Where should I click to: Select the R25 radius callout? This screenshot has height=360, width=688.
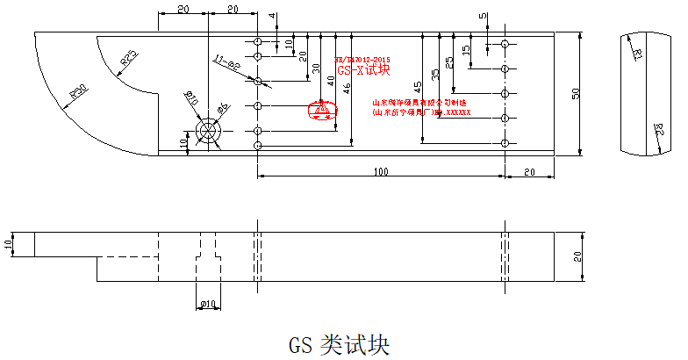[128, 59]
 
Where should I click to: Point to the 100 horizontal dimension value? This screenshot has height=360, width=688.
[381, 173]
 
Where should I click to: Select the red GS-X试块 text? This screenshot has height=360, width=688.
[363, 70]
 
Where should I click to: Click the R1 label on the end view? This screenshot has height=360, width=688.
[638, 54]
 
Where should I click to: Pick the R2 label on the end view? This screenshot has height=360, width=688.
[658, 132]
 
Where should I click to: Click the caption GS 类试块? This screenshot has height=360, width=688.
[339, 343]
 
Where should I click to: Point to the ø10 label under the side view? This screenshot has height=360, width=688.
[208, 304]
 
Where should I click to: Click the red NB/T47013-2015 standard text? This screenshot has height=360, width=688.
[361, 58]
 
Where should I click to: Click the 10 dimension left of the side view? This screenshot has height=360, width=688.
[9, 243]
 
